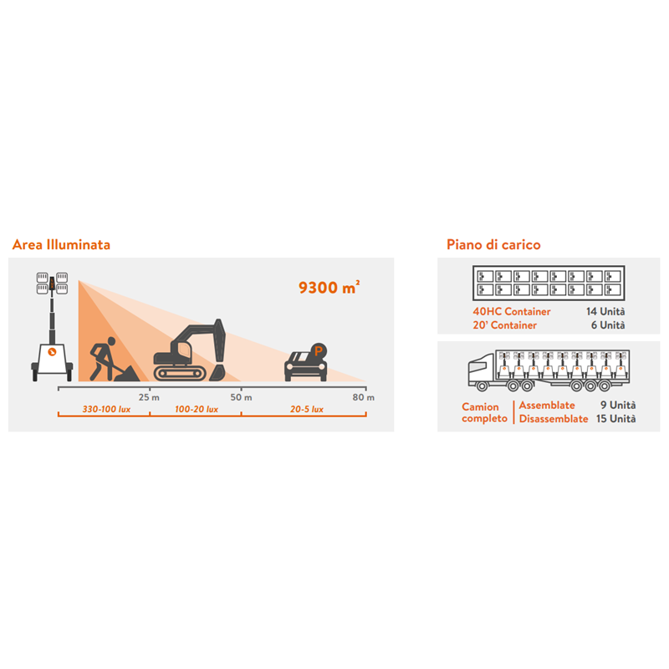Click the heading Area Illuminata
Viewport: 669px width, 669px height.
[x=61, y=244]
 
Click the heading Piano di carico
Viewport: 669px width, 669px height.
[x=493, y=244]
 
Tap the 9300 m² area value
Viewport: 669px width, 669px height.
[x=329, y=288]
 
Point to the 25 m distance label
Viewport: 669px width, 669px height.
[x=149, y=397]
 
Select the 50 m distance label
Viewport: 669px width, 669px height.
[x=241, y=397]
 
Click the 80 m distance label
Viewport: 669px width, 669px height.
[x=364, y=397]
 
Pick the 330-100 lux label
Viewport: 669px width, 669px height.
[x=106, y=409]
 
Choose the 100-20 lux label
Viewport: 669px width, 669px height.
[x=197, y=409]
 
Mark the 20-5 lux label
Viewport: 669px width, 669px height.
[x=307, y=409]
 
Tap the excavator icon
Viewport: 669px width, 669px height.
[x=190, y=350]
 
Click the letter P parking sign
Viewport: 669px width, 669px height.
[x=319, y=351]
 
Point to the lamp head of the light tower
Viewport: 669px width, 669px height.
[x=52, y=283]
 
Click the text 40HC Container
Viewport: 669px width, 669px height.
[x=512, y=311]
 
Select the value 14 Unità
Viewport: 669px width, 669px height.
[x=605, y=311]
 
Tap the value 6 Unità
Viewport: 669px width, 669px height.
[x=608, y=325]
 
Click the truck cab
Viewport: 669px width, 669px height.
[x=483, y=370]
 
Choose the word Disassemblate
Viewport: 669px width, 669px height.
[x=554, y=419]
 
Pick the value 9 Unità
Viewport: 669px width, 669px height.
[x=618, y=405]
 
